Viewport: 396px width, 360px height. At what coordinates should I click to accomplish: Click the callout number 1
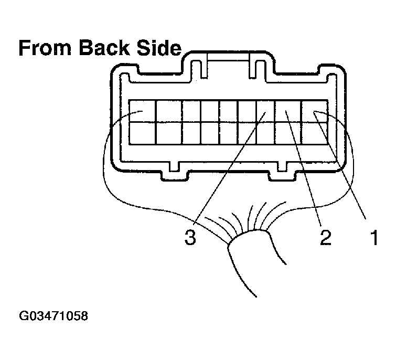coord(374,237)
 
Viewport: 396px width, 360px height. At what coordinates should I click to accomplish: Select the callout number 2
coord(326,237)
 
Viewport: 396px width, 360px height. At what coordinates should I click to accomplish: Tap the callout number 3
coord(190,237)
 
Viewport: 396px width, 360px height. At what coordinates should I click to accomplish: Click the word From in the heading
coord(45,48)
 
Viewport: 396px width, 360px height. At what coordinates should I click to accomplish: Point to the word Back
coord(104,48)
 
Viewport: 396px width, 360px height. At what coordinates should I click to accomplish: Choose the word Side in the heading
coord(159,48)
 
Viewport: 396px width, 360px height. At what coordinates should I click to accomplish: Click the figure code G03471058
coord(53,316)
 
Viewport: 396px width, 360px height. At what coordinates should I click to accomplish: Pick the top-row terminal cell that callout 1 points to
coord(315,111)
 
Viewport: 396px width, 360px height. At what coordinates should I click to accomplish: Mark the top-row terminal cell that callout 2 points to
coord(287,111)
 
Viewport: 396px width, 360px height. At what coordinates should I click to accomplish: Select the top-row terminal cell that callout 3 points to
coord(265,111)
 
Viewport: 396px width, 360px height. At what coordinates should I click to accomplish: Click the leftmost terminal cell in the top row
coord(142,111)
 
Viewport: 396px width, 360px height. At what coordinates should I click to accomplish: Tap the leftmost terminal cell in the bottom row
coord(142,133)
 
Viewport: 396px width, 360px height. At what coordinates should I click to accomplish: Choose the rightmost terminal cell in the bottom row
coord(315,133)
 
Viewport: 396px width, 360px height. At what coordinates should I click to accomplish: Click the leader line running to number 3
coord(229,168)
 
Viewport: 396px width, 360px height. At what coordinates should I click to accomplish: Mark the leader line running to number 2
coord(303,168)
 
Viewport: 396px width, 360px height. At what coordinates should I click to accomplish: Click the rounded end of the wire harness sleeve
coord(249,234)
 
